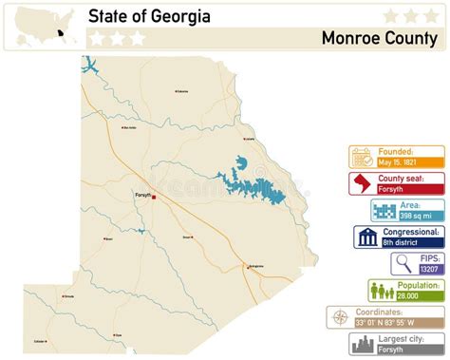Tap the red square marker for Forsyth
154,198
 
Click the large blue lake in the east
249,182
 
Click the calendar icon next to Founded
362,156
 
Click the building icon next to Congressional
366,237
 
